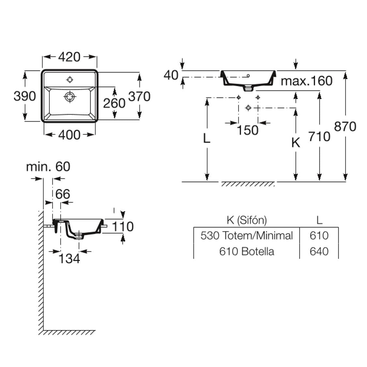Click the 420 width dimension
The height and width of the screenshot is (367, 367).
(69, 57)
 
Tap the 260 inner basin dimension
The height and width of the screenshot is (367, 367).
(114, 103)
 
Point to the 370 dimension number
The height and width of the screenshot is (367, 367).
(139, 96)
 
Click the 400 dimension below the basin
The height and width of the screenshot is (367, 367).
(69, 134)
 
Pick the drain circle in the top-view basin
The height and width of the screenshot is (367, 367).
(69, 96)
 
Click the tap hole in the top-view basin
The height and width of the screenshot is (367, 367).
(70, 79)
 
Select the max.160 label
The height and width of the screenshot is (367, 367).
(307, 81)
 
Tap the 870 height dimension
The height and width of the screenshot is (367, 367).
(345, 126)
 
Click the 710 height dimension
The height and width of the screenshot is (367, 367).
(319, 136)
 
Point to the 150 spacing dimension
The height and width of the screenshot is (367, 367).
(248, 130)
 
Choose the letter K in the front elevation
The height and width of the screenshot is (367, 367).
(296, 143)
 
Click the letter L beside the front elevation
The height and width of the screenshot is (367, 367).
(206, 138)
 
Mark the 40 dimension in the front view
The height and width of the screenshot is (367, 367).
(171, 75)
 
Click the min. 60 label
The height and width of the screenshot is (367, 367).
(48, 166)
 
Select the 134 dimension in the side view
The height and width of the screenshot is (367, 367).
(69, 258)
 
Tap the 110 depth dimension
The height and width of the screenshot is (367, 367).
(123, 226)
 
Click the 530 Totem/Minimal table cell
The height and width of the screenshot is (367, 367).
(247, 235)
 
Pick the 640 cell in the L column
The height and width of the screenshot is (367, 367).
(319, 251)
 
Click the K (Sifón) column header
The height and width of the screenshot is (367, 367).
(247, 220)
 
